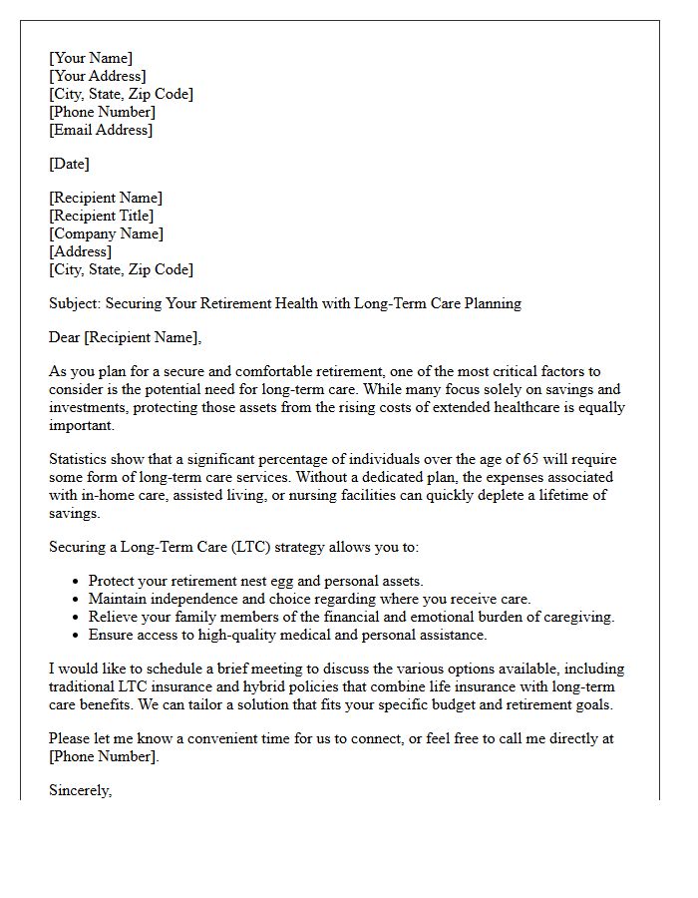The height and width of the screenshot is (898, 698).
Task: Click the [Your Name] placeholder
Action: (91, 58)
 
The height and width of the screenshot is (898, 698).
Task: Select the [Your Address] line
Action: (98, 76)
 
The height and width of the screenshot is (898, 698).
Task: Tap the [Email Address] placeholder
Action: (101, 130)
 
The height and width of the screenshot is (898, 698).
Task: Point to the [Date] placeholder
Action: (69, 164)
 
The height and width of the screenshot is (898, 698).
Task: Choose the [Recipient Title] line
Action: (102, 216)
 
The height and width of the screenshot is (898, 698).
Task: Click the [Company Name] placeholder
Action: (106, 233)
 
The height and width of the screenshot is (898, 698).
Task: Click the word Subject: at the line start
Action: (76, 303)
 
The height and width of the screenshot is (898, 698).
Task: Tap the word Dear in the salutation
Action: (65, 337)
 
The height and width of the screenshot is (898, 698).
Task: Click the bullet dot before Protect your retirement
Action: (77, 582)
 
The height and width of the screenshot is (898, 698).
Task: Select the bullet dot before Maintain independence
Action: (77, 600)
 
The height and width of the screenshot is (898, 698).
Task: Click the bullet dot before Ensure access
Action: (77, 636)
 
